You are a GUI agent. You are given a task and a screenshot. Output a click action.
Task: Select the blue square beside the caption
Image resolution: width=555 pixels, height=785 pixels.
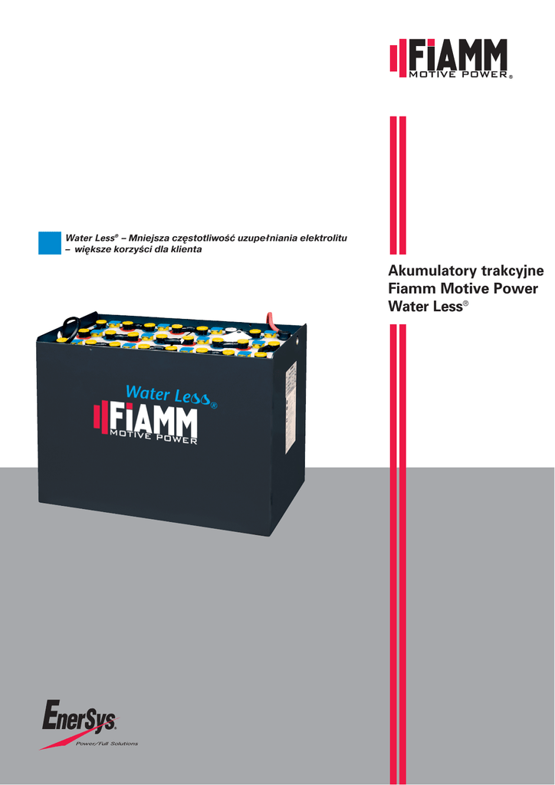pos(49,242)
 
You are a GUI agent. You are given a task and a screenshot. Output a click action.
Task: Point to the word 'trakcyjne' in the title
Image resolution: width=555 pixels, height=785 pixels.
pos(513,271)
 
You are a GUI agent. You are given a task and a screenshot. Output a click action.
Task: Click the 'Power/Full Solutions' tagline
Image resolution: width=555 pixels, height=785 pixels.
pos(107,744)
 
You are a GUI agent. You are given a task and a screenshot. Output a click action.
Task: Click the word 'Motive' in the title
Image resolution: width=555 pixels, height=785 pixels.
pos(466,289)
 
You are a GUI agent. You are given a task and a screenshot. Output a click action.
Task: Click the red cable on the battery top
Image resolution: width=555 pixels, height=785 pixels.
pos(271,318)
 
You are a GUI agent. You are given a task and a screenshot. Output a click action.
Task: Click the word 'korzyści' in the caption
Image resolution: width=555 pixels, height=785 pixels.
pos(133,251)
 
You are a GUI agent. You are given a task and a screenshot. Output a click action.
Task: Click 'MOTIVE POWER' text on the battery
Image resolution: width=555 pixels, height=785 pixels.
pos(154,439)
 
